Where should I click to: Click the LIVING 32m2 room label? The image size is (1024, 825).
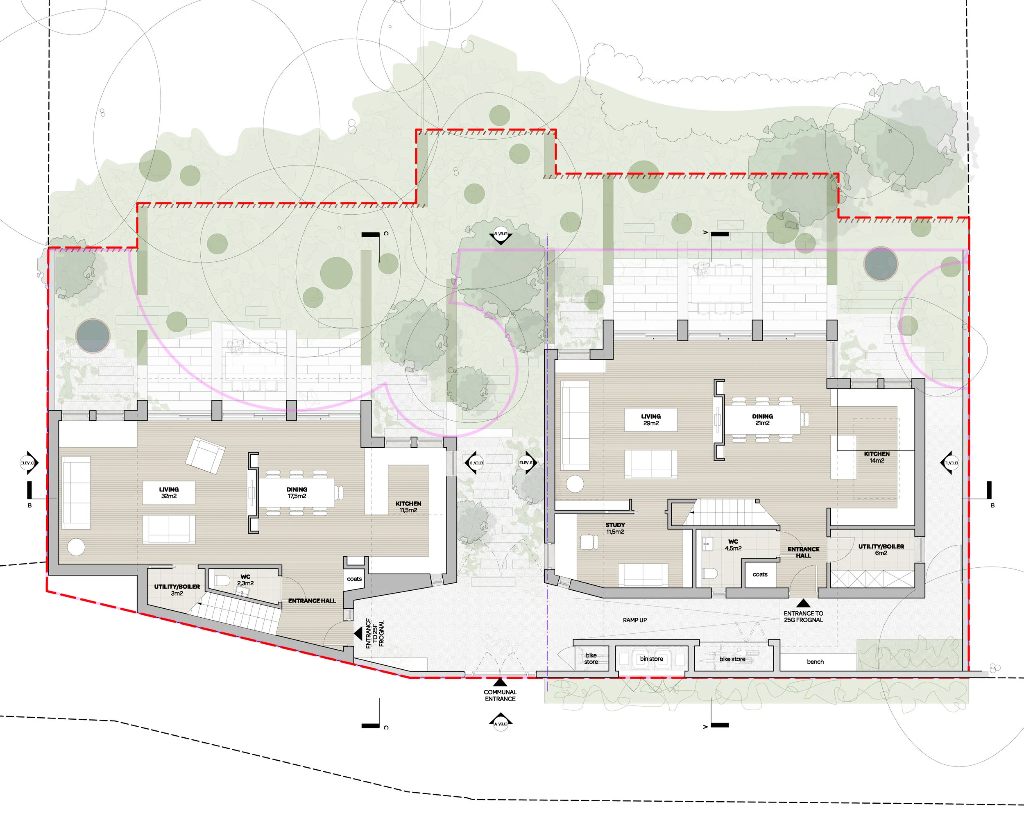coord(169,492)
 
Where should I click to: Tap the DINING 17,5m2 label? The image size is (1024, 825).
coord(297,492)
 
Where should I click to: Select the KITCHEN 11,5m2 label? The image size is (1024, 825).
coord(408,507)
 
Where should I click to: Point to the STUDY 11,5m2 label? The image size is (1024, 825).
coord(615,528)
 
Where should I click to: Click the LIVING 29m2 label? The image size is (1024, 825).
coord(650,419)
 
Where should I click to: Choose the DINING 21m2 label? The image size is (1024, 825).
coord(762,419)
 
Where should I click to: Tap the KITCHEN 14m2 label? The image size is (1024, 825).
coord(877,457)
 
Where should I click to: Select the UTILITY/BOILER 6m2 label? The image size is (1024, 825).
coord(881,549)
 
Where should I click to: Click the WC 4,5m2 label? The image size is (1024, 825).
coord(733,545)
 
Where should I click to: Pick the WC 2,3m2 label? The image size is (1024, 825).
coord(245,580)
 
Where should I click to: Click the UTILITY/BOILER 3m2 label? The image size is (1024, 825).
coord(177,590)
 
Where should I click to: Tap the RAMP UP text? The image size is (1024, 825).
coord(635,620)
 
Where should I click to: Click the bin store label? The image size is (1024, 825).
coord(651,659)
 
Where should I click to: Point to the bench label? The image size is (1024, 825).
coord(816,662)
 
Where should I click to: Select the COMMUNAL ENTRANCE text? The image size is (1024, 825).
coord(500,695)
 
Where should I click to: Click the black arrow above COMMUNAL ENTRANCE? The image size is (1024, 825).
coord(500,682)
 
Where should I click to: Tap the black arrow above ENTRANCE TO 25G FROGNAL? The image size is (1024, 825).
coord(803,603)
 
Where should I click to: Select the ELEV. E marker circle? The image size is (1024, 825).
coord(526,462)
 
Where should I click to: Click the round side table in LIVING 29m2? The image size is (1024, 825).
coord(575,484)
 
